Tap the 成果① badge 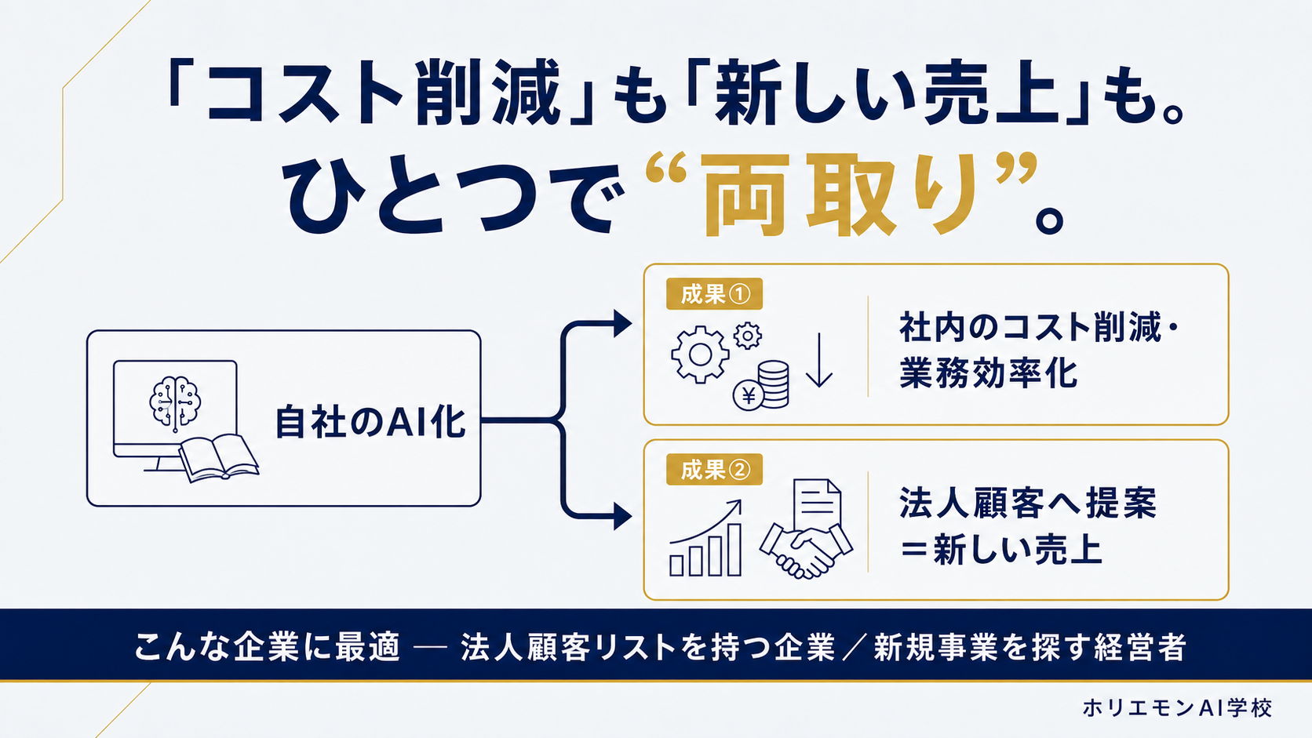coord(714,294)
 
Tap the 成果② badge coord(714,469)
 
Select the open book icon coord(219,458)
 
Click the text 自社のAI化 coord(370,422)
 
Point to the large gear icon coord(700,354)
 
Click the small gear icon coord(747,336)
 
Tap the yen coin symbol coord(749,396)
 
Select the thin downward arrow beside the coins coord(819,360)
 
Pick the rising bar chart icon coord(705,539)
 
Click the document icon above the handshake coord(818,504)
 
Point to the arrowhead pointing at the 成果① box coord(622,324)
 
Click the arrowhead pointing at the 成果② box coord(622,517)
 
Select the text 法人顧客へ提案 coord(1028,503)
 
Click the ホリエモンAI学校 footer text coord(1177,707)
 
